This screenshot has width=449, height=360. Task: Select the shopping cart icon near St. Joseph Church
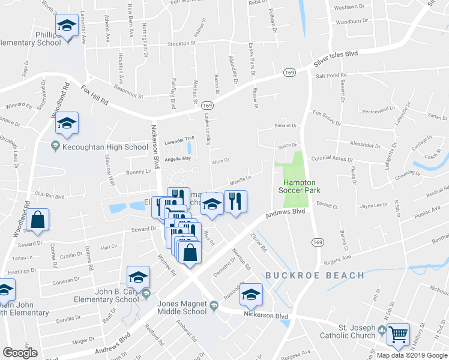click(x=399, y=334)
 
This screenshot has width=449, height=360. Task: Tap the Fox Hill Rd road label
click(x=95, y=94)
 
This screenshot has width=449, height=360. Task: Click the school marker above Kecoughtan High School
click(x=67, y=124)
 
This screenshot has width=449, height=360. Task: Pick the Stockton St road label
click(x=182, y=44)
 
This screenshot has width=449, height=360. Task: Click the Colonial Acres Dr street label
click(x=332, y=159)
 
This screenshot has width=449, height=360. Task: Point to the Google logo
click(x=20, y=352)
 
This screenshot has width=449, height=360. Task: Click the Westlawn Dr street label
click(x=349, y=7)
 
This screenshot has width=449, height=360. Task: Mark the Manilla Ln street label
click(x=240, y=179)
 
